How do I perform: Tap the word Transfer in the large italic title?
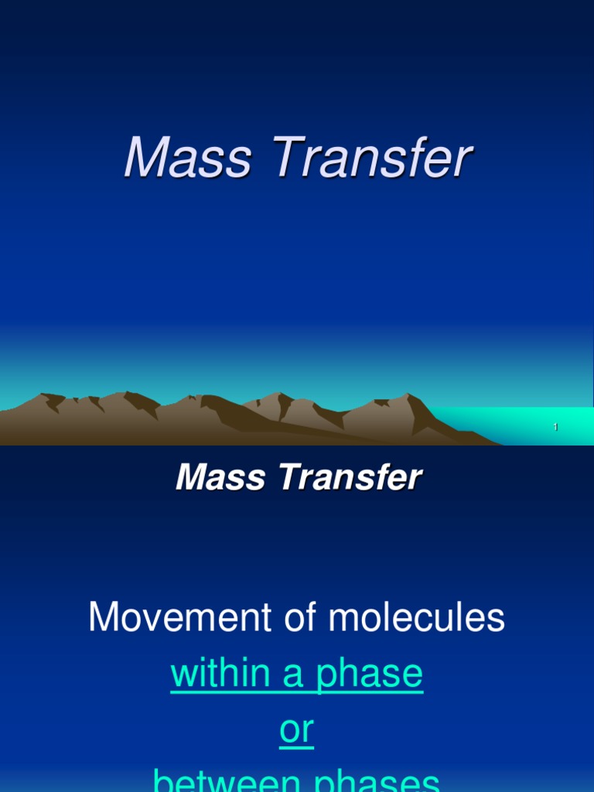click(370, 159)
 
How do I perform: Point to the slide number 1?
click(555, 428)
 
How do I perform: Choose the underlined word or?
click(296, 730)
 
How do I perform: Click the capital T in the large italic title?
click(283, 159)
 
